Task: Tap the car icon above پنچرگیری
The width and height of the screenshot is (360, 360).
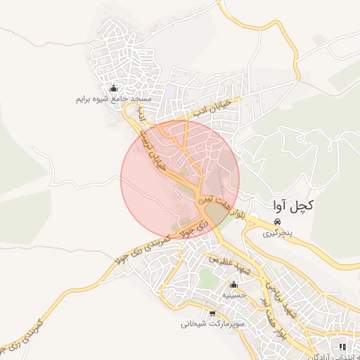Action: (x=277, y=221)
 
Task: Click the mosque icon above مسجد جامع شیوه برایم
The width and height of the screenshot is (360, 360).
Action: (x=113, y=89)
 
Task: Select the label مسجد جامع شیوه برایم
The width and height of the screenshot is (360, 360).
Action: (x=112, y=99)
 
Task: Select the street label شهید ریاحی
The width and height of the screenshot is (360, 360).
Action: (x=274, y=289)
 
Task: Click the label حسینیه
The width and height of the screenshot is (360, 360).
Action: (x=233, y=295)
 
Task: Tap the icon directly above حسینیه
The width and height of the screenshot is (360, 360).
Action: (x=233, y=285)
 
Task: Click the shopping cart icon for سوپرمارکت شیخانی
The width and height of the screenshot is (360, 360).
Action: (x=212, y=314)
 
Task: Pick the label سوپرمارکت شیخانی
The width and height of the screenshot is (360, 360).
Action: (x=212, y=324)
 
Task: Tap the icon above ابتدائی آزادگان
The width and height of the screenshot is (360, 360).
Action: (x=342, y=347)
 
